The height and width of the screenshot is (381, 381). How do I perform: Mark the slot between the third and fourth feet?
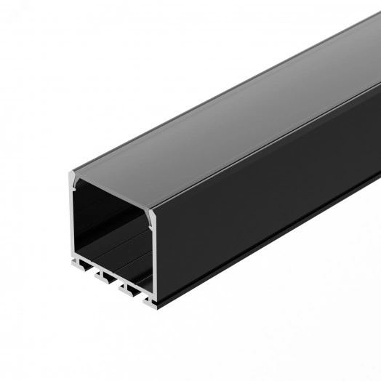tap(142, 292)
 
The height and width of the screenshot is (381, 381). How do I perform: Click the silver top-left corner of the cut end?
tap(75, 177)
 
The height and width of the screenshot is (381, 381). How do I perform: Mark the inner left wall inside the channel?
tap(80, 218)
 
